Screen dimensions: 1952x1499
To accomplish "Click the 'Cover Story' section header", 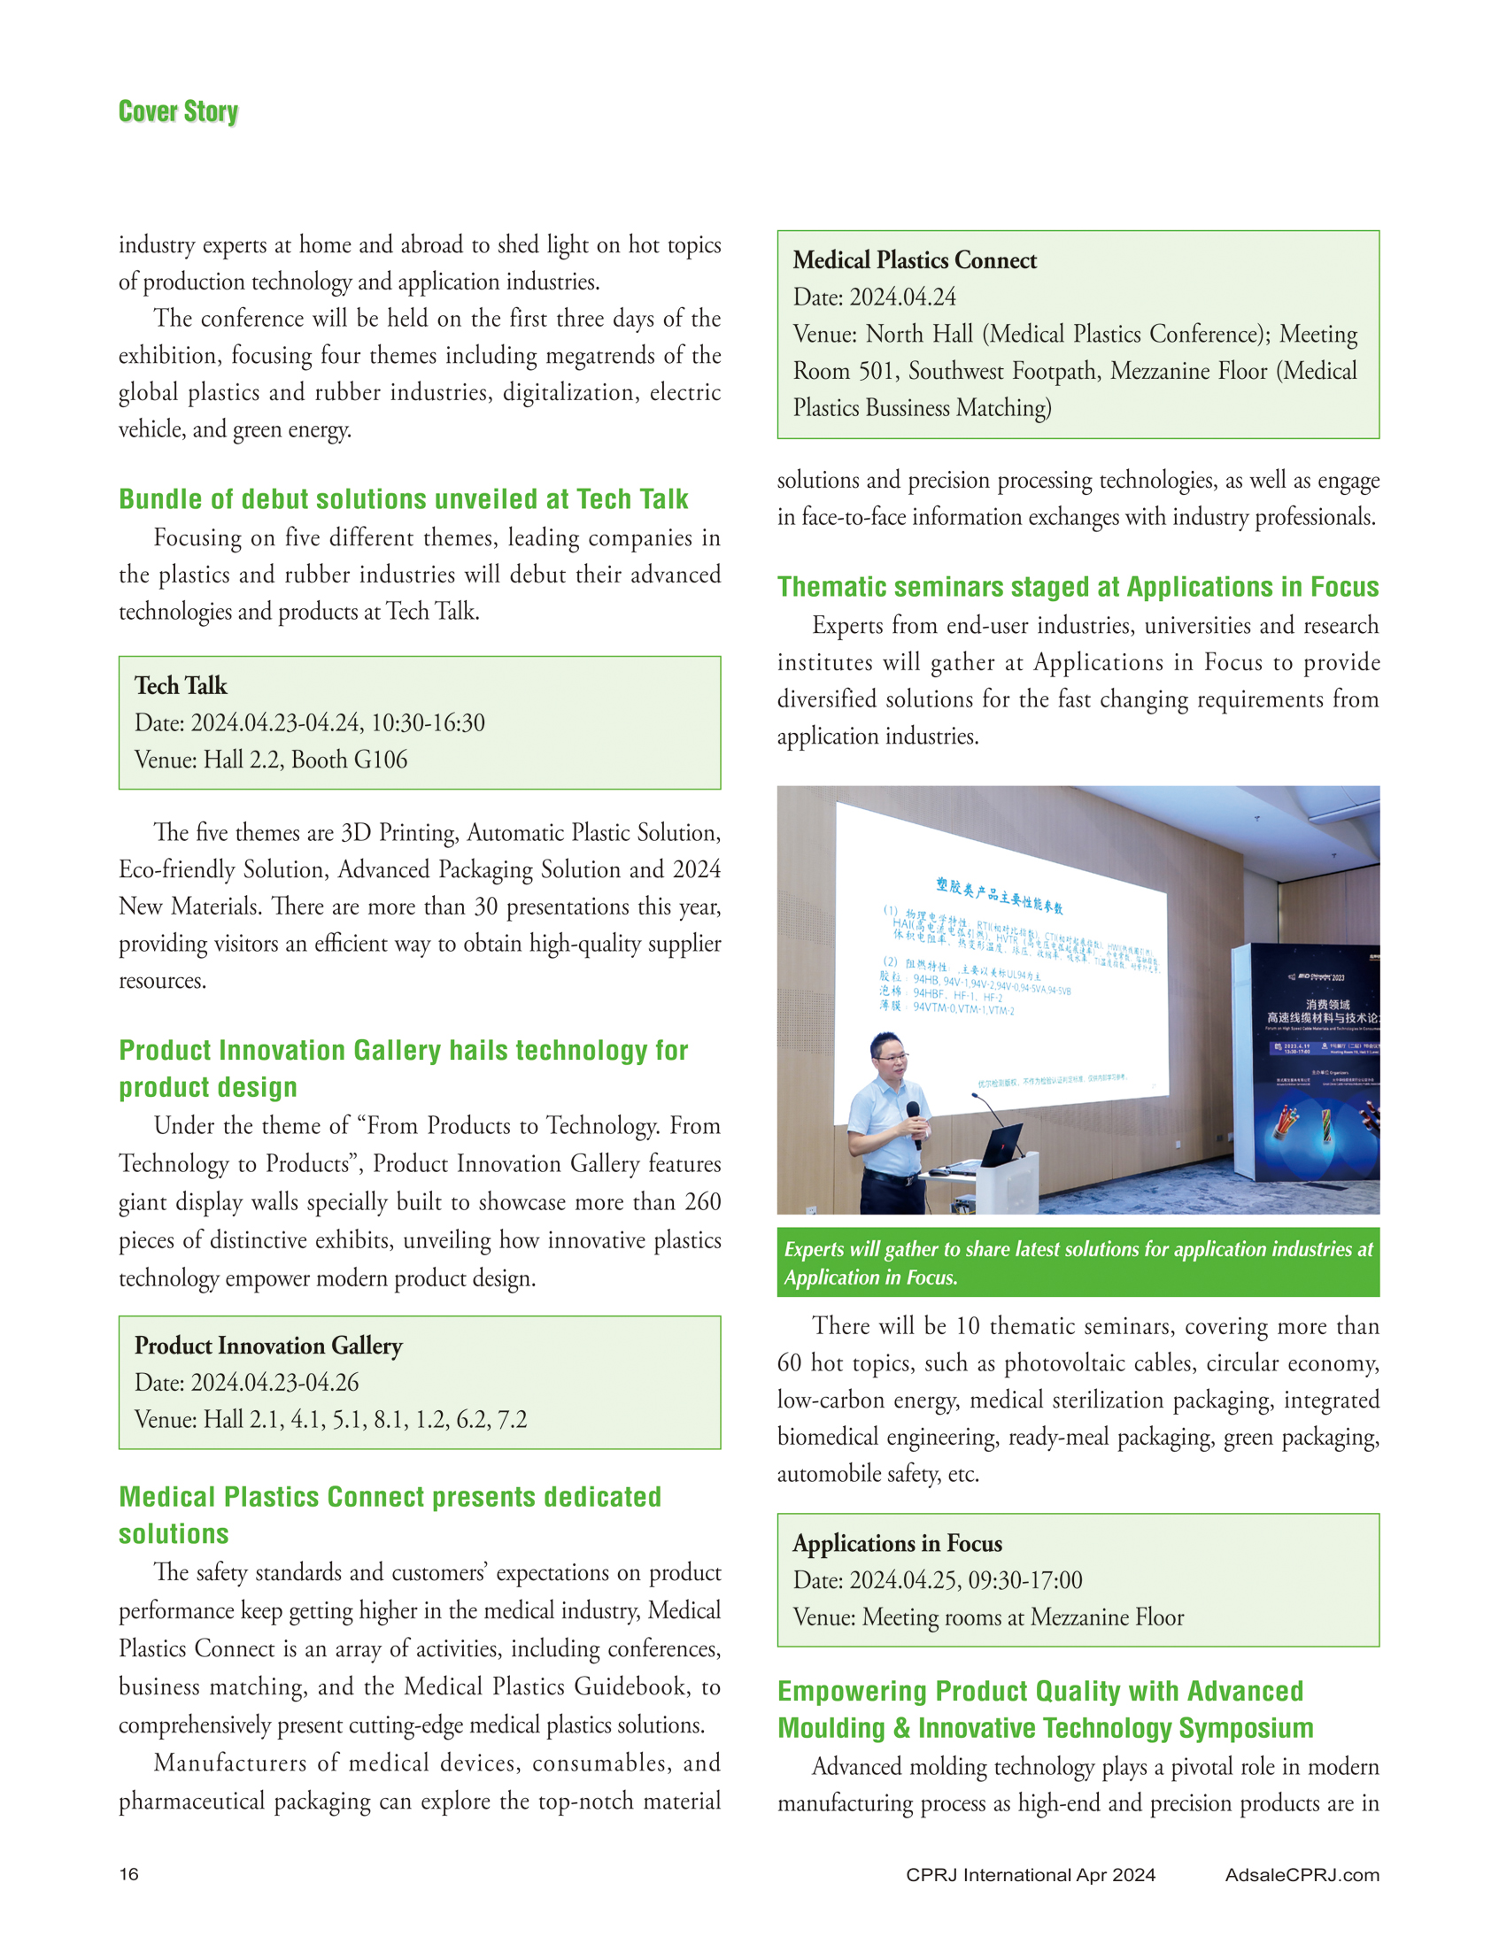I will click(x=179, y=112).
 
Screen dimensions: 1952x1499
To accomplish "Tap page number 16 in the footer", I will click(x=129, y=1873).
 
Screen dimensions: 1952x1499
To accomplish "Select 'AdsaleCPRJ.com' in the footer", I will click(x=1302, y=1874).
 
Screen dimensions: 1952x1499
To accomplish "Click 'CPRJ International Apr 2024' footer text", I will click(x=1031, y=1874).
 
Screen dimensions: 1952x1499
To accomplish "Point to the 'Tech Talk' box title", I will click(x=182, y=685).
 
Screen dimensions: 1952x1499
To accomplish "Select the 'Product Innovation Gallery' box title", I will click(x=268, y=1345).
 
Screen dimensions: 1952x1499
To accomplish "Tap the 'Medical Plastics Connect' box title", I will click(x=915, y=259).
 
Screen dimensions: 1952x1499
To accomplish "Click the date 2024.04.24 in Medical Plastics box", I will click(x=902, y=297).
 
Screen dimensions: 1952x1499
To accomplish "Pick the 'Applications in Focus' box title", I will click(x=898, y=1542).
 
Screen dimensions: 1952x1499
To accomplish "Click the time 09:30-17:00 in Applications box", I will click(x=1025, y=1580).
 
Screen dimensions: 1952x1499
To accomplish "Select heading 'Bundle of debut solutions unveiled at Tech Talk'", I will click(x=403, y=498).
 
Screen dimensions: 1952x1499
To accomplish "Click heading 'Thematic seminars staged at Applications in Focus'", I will click(x=1078, y=586).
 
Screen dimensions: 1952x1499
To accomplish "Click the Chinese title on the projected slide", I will click(x=1000, y=896).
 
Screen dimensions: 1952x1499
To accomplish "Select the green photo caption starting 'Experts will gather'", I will click(x=1078, y=1262).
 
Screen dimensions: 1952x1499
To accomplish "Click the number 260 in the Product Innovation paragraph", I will click(x=702, y=1201).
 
